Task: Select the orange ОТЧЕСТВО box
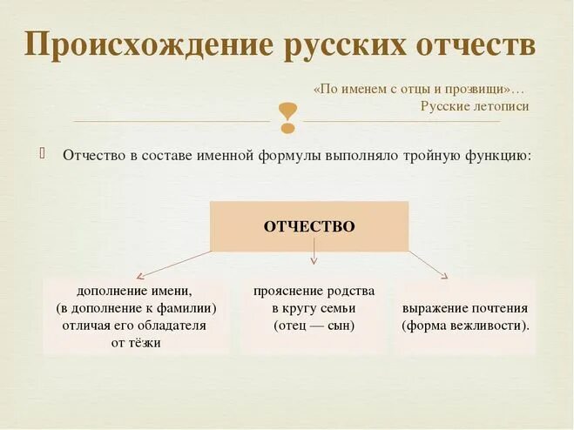pyautogui.click(x=309, y=226)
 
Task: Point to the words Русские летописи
pyautogui.click(x=474, y=106)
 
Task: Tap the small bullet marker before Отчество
pyautogui.click(x=41, y=154)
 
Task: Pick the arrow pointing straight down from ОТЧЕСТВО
pyautogui.click(x=314, y=257)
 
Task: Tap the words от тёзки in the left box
pyautogui.click(x=136, y=343)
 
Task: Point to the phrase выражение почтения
pyautogui.click(x=465, y=308)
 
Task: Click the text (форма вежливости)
pyautogui.click(x=465, y=326)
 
